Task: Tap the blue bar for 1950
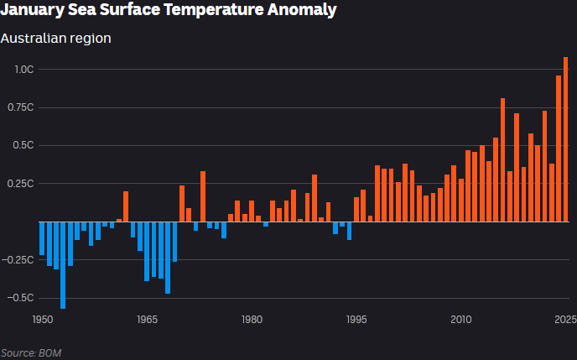coord(42,238)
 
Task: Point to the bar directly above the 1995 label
coord(356,210)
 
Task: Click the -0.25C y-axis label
coord(19,259)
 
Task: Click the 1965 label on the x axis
coord(147,320)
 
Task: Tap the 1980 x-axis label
coord(252,320)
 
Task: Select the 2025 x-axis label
coord(565,320)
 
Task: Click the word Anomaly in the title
coord(298,11)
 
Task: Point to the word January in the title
coord(30,11)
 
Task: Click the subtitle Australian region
coord(55,38)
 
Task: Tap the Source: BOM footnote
coord(31,352)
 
